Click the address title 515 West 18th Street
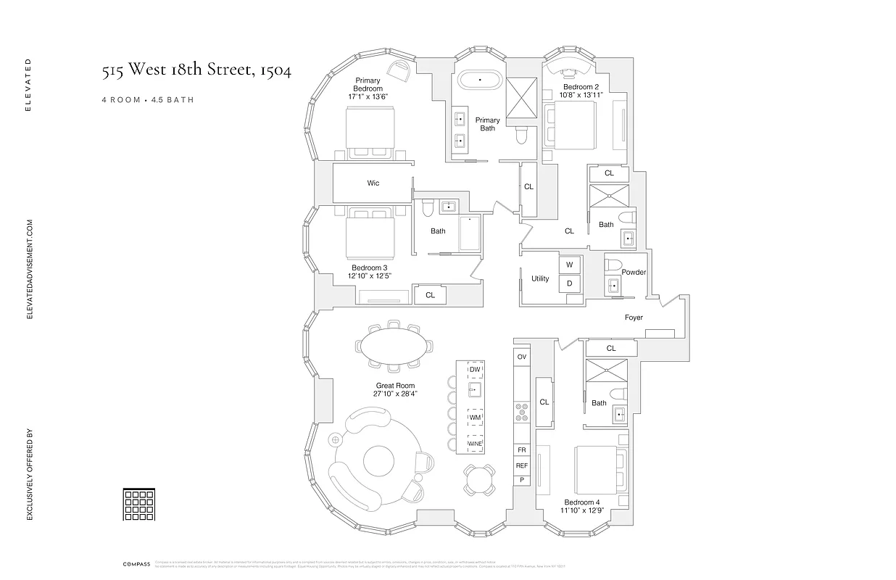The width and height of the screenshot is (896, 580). pos(196,72)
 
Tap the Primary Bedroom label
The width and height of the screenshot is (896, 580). pos(368,84)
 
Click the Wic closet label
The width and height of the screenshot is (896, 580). pos(373,183)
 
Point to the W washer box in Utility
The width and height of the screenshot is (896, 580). pos(569,265)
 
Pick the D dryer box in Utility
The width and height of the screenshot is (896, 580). pos(569,283)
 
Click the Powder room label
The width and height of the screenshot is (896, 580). pos(634,273)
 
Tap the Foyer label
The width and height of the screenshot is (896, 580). pos(634,318)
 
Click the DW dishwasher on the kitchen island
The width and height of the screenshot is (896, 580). pos(475,370)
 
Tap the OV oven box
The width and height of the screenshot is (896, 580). pos(521,357)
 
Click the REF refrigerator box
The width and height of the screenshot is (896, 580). pos(521,465)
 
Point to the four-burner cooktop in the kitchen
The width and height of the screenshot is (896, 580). pos(521,412)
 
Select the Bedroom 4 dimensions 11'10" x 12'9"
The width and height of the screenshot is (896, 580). pos(582,510)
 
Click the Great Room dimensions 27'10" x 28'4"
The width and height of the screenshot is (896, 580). pos(396,394)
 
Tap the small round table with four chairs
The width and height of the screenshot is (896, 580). pos(479,479)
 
